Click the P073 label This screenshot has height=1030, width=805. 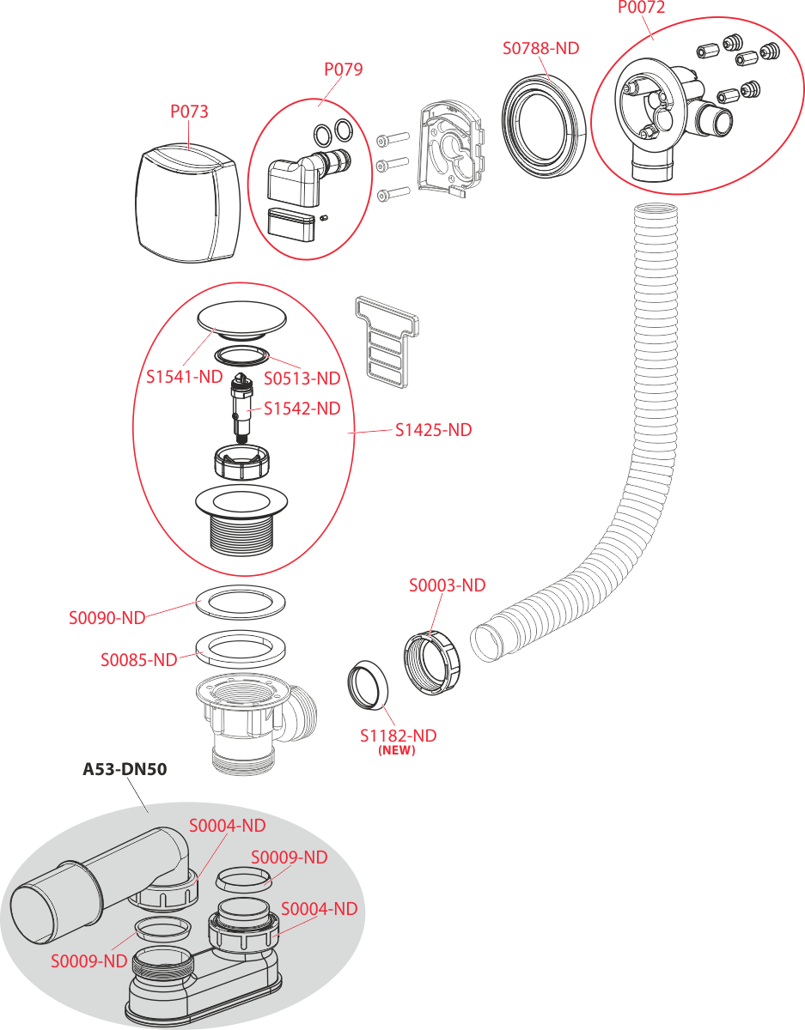[x=189, y=112]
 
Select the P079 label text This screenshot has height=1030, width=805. [x=344, y=70]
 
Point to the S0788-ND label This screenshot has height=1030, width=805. [x=540, y=48]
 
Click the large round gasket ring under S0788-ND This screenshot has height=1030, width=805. [x=544, y=126]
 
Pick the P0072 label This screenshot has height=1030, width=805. [x=641, y=7]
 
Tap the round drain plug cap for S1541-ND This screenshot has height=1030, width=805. [x=241, y=320]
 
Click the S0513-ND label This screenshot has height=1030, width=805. [x=302, y=379]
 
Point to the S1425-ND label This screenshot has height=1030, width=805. [x=434, y=430]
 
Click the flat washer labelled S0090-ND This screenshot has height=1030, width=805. [x=241, y=602]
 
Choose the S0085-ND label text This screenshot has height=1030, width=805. [x=139, y=660]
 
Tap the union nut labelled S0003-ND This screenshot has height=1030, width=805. [x=432, y=663]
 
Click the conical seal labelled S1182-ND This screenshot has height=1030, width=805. [x=368, y=684]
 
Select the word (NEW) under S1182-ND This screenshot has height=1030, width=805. [x=397, y=750]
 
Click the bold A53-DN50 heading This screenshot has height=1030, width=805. [x=125, y=769]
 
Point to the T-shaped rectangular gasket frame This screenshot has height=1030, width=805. [x=386, y=342]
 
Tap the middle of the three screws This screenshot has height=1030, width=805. [x=393, y=165]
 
